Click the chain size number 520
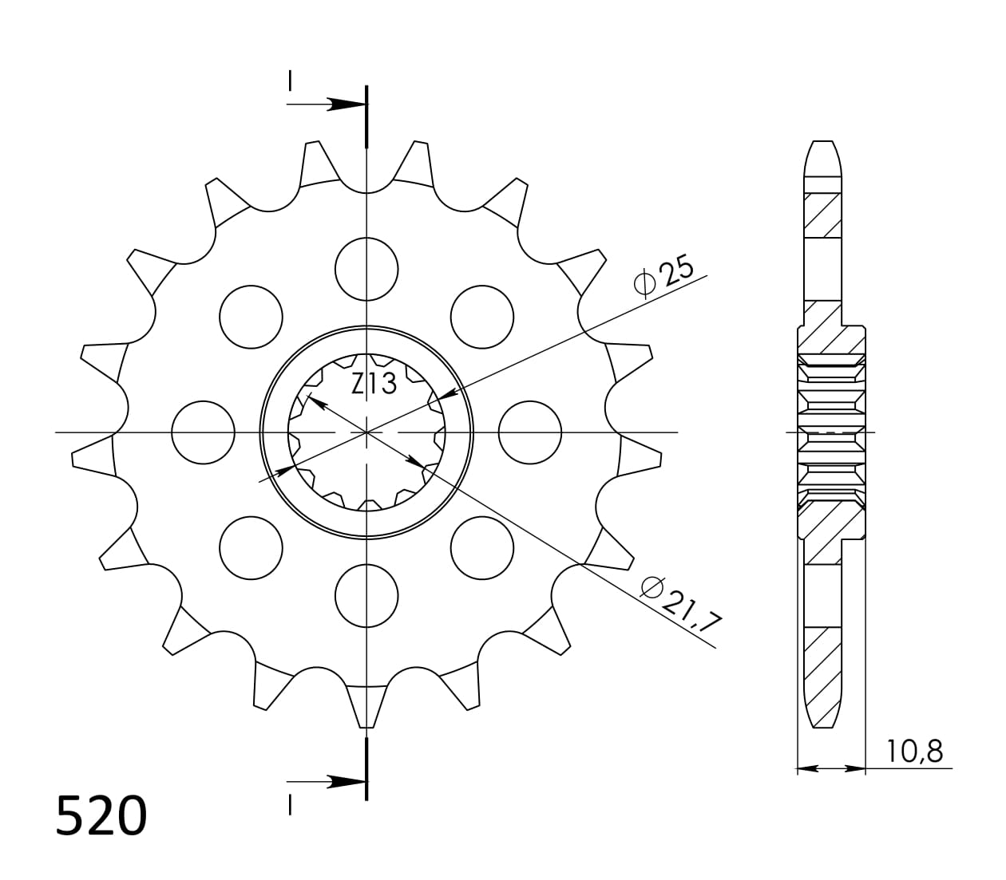point(101,816)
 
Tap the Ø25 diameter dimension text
point(663,274)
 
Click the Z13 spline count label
point(374,384)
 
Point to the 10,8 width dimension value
point(914,752)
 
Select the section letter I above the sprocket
point(291,80)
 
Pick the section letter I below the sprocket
point(291,807)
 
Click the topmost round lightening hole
point(366,269)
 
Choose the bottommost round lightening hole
point(366,595)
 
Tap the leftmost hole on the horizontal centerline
point(204,432)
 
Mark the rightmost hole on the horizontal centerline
point(530,432)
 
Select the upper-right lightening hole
point(481,317)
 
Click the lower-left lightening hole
point(252,547)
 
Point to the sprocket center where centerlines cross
point(366,432)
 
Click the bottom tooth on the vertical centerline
point(366,706)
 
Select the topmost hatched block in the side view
point(823,215)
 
